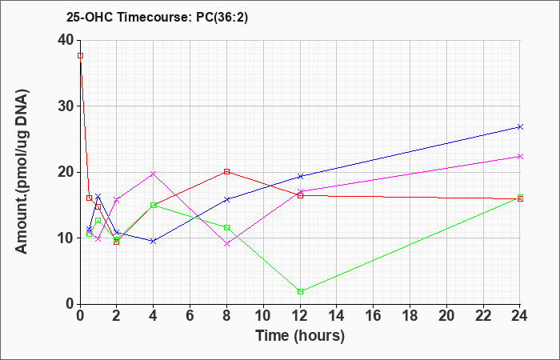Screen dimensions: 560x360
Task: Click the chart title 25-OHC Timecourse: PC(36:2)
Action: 157,17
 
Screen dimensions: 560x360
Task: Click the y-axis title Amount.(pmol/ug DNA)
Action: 22,172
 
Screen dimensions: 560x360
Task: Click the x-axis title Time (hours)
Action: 300,336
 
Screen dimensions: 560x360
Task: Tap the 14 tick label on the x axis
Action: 337,316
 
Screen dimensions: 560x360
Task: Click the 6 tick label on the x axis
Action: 190,316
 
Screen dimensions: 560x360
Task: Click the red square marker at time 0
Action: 80,56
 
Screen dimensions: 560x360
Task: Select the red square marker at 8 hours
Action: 226,171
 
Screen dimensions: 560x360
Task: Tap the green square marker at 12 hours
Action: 300,292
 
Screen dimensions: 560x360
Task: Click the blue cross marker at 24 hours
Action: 520,126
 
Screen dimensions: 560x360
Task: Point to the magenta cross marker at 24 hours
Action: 520,157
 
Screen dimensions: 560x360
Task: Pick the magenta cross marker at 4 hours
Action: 154,174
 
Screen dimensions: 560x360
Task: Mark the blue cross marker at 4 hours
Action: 154,242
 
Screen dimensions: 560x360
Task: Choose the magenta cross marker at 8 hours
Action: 226,244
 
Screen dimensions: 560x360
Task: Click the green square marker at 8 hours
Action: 226,227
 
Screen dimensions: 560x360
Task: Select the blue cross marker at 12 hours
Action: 300,176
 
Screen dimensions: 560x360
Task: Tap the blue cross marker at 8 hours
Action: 226,200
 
